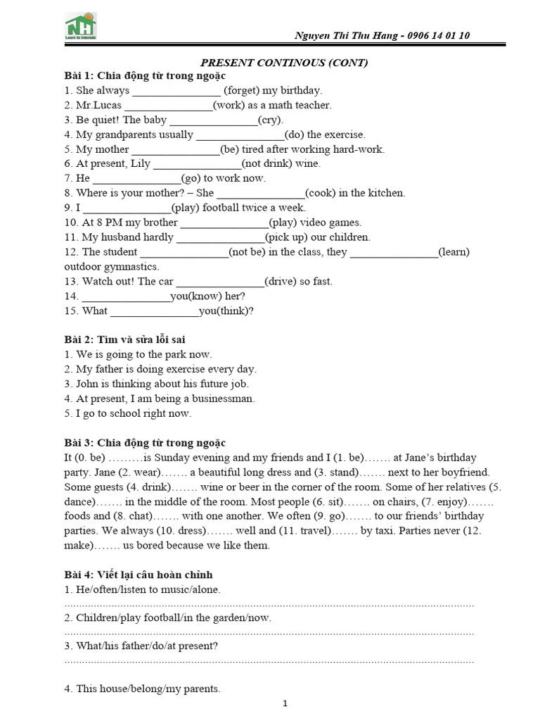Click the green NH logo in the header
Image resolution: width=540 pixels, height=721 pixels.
pyautogui.click(x=81, y=25)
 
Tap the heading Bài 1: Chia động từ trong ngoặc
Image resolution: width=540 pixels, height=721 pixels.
pyautogui.click(x=145, y=76)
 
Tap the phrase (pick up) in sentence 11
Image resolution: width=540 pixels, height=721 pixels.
pyautogui.click(x=289, y=237)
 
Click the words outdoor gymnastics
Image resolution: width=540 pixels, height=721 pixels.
pyautogui.click(x=112, y=267)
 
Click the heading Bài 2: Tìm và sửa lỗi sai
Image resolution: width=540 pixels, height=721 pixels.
pyautogui.click(x=125, y=340)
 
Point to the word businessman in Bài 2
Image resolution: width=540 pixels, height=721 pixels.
pyautogui.click(x=222, y=399)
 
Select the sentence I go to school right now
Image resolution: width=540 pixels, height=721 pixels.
pyautogui.click(x=127, y=413)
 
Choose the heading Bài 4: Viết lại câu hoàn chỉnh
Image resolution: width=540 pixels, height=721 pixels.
pyautogui.click(x=138, y=575)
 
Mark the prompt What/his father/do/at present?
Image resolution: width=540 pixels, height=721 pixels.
pyautogui.click(x=141, y=646)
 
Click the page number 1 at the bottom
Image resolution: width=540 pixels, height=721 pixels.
pyautogui.click(x=285, y=703)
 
